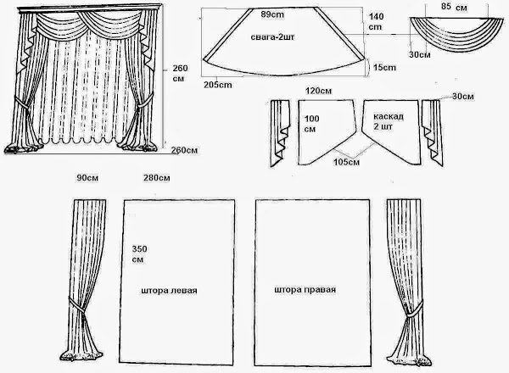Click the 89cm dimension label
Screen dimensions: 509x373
pos(272,15)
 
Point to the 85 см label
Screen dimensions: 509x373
pos(454,7)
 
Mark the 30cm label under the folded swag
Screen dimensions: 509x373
pos(417,54)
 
